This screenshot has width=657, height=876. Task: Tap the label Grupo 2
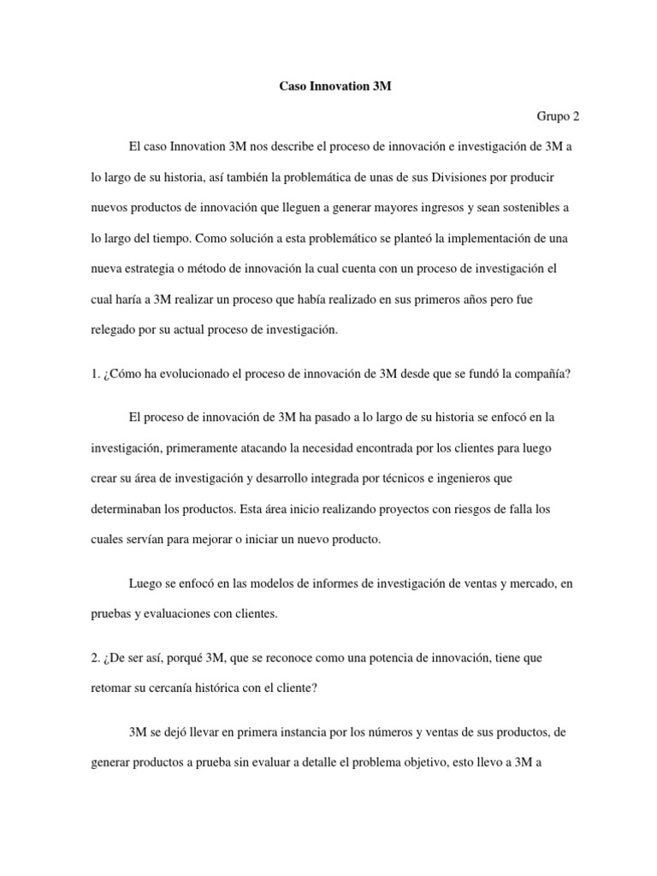point(559,116)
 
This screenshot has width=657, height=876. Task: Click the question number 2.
point(95,658)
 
